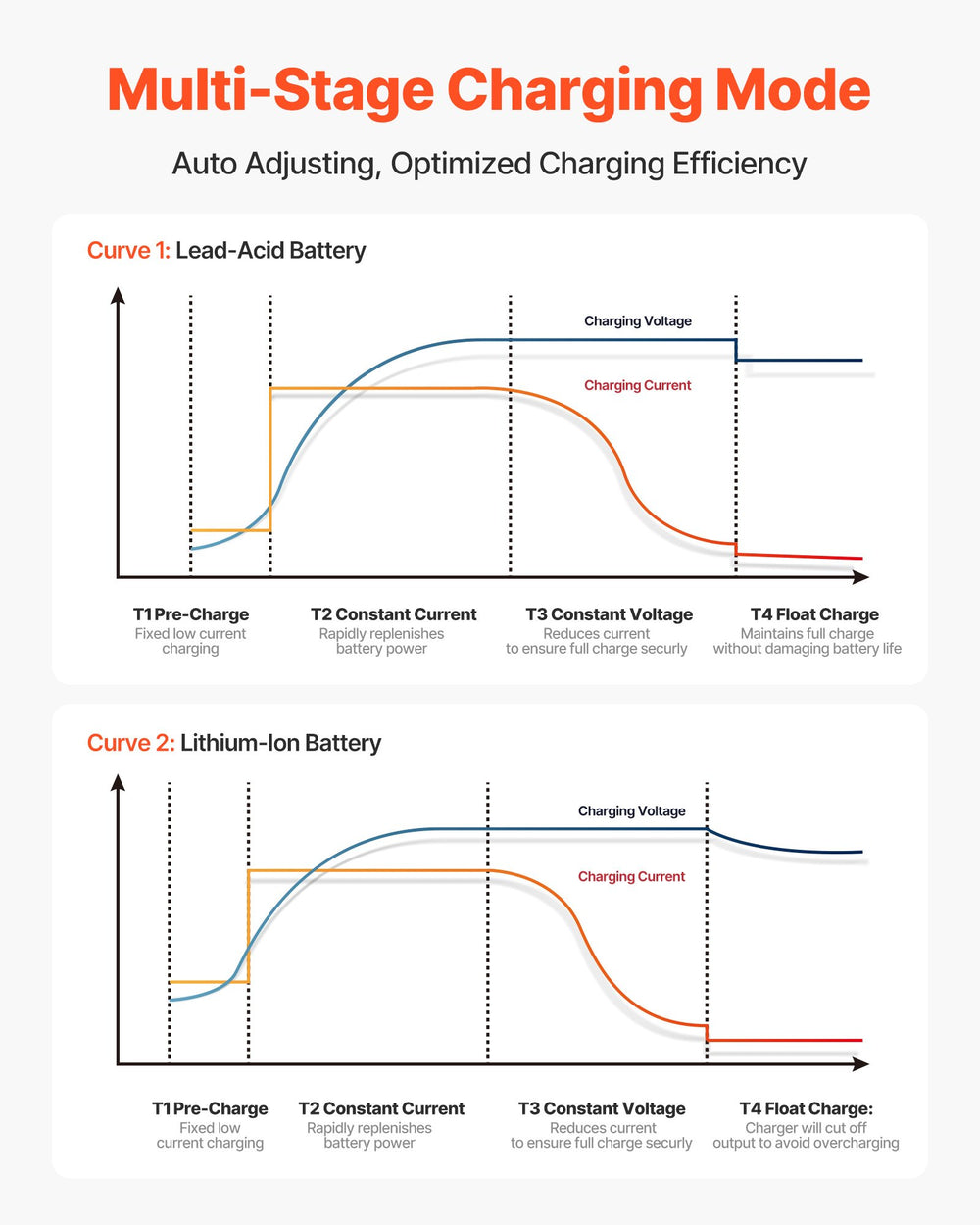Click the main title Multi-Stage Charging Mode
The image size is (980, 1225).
(489, 91)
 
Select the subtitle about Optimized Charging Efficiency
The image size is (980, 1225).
(489, 164)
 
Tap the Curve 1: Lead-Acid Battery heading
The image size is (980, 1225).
(226, 251)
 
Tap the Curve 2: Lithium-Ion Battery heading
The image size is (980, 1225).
(233, 743)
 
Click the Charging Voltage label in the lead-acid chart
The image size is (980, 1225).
(638, 321)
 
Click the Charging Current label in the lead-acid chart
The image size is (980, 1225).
(637, 385)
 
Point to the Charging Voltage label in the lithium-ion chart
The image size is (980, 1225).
(631, 811)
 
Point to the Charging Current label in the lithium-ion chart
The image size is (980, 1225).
(631, 877)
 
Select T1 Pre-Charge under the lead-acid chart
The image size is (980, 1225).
(191, 614)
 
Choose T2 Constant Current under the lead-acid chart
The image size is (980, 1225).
(394, 614)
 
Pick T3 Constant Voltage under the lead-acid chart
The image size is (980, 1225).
(609, 614)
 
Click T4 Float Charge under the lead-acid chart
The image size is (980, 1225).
(814, 614)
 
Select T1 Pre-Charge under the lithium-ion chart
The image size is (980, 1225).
(210, 1108)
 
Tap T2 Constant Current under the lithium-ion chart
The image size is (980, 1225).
(381, 1108)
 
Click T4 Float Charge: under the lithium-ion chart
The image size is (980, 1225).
(806, 1108)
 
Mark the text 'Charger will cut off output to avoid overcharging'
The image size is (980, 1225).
(806, 1135)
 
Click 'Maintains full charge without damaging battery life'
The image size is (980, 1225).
(807, 641)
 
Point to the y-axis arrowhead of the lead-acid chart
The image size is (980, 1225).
(118, 295)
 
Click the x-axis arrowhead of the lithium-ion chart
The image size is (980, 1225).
(860, 1064)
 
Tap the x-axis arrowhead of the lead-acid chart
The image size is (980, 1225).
(860, 577)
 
